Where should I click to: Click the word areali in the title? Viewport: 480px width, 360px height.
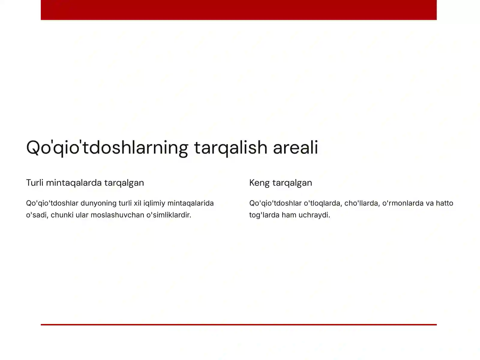point(295,148)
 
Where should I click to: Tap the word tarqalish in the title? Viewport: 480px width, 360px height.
point(230,148)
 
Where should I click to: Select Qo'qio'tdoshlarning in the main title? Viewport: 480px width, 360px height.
point(107,148)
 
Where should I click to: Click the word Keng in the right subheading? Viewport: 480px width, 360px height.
point(259,183)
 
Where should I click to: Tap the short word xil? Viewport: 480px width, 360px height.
point(137,203)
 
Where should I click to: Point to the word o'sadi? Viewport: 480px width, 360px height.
point(37,215)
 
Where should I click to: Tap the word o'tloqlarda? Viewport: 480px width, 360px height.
point(322,203)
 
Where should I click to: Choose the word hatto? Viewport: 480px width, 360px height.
point(445,203)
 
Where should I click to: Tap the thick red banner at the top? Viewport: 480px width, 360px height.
point(238,10)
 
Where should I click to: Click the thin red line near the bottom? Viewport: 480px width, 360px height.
point(238,325)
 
